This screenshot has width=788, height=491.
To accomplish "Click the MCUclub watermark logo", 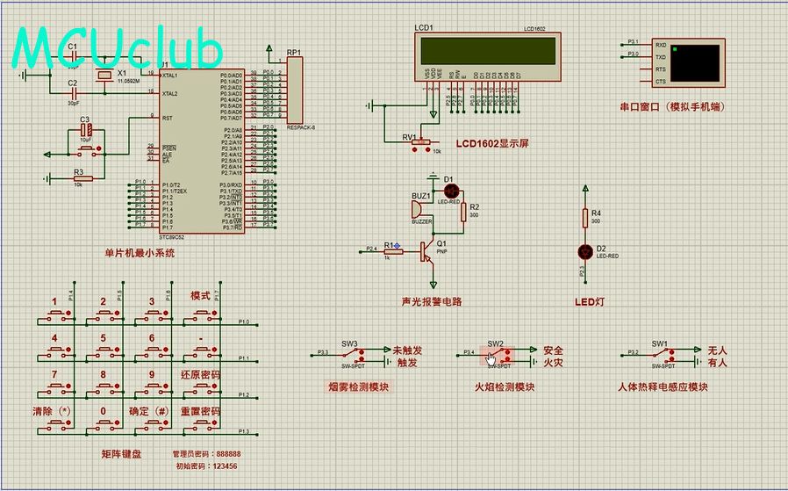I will click(x=118, y=49).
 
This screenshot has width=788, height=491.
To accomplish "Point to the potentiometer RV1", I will click(x=421, y=141).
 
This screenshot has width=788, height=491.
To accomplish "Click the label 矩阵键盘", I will click(x=121, y=454).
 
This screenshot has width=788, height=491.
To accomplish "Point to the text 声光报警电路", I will click(x=431, y=301).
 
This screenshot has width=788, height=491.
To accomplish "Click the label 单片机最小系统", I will click(x=140, y=253).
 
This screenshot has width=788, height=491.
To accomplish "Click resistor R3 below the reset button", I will click(x=79, y=177).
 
